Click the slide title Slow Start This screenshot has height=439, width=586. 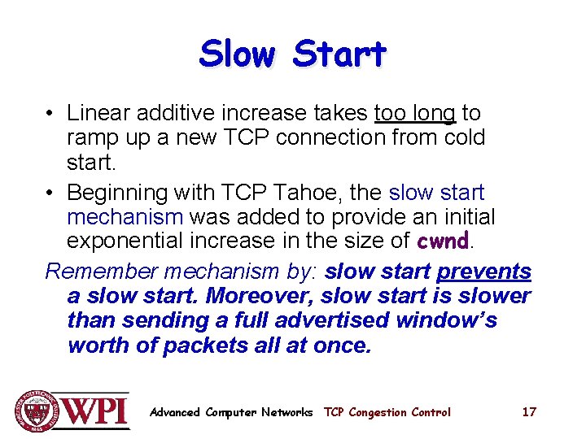292,54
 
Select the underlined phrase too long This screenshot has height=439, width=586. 415,113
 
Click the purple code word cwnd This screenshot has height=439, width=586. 443,241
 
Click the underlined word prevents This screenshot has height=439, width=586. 483,272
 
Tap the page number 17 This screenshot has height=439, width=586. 529,412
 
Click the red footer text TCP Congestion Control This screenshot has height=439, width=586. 387,412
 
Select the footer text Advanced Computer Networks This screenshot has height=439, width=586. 231,412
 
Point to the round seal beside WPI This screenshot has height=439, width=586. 34,411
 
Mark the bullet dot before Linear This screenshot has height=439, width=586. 50,114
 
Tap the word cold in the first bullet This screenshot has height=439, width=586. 464,137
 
